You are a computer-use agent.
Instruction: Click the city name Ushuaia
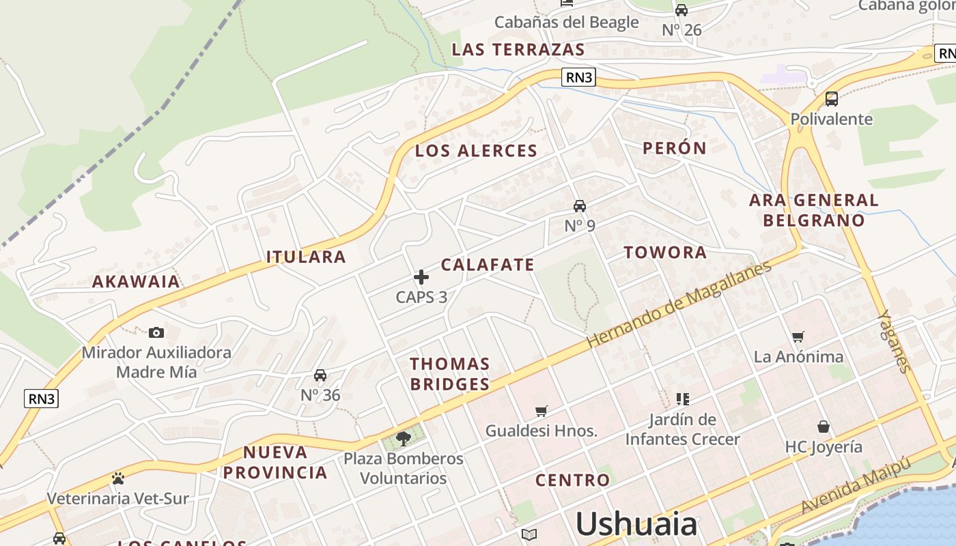[x=636, y=524]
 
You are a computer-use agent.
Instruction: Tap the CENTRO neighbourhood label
[x=572, y=480]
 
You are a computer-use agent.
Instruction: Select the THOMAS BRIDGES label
[x=449, y=374]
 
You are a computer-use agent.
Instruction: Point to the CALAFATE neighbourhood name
[x=488, y=265]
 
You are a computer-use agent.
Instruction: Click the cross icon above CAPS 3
[x=421, y=277]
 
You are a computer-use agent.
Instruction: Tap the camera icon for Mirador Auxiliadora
[x=156, y=333]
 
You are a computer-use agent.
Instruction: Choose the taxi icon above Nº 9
[x=580, y=206]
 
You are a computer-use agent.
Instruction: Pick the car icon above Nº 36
[x=320, y=375]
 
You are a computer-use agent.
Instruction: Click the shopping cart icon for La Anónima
[x=798, y=336]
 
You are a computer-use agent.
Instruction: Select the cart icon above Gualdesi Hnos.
[x=542, y=411]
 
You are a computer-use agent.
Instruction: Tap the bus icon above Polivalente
[x=832, y=99]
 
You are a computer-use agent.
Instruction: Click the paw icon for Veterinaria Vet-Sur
[x=118, y=478]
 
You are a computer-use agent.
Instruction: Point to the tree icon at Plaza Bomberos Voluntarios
[x=404, y=438]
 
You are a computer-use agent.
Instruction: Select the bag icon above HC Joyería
[x=824, y=427]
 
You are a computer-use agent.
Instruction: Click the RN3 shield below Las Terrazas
[x=579, y=77]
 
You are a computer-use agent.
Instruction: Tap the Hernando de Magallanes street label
[x=679, y=304]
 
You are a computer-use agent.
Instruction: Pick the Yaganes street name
[x=895, y=341]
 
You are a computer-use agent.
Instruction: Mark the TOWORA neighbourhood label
[x=665, y=253]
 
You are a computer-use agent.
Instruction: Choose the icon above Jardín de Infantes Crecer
[x=682, y=399]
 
